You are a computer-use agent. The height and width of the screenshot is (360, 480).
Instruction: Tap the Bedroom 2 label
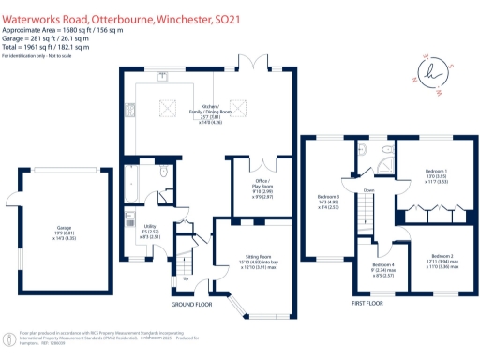click(x=442, y=260)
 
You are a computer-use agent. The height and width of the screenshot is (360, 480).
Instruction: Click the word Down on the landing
click(x=369, y=191)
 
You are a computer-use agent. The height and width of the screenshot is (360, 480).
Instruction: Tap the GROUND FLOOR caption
click(x=191, y=305)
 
